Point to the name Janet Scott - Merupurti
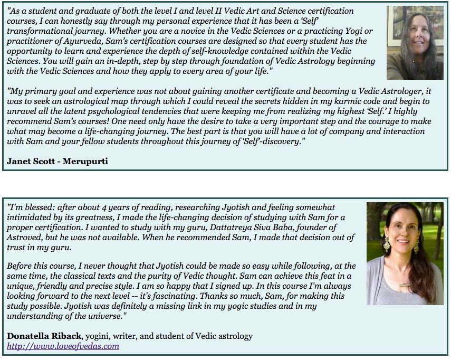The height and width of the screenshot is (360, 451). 57,161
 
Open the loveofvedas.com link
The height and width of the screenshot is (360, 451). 63,346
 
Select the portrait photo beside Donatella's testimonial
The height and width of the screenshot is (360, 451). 405,253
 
